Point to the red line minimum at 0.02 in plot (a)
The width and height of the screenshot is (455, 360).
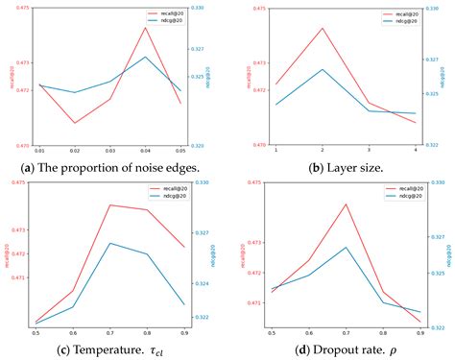(x=75, y=123)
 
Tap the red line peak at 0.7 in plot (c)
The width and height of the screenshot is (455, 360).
(x=110, y=204)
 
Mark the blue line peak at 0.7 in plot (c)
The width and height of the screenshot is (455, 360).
(x=110, y=243)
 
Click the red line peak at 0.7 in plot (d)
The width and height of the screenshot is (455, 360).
(x=347, y=204)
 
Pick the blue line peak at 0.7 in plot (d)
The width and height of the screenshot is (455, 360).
(x=347, y=247)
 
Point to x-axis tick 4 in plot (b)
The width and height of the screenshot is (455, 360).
(x=415, y=152)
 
